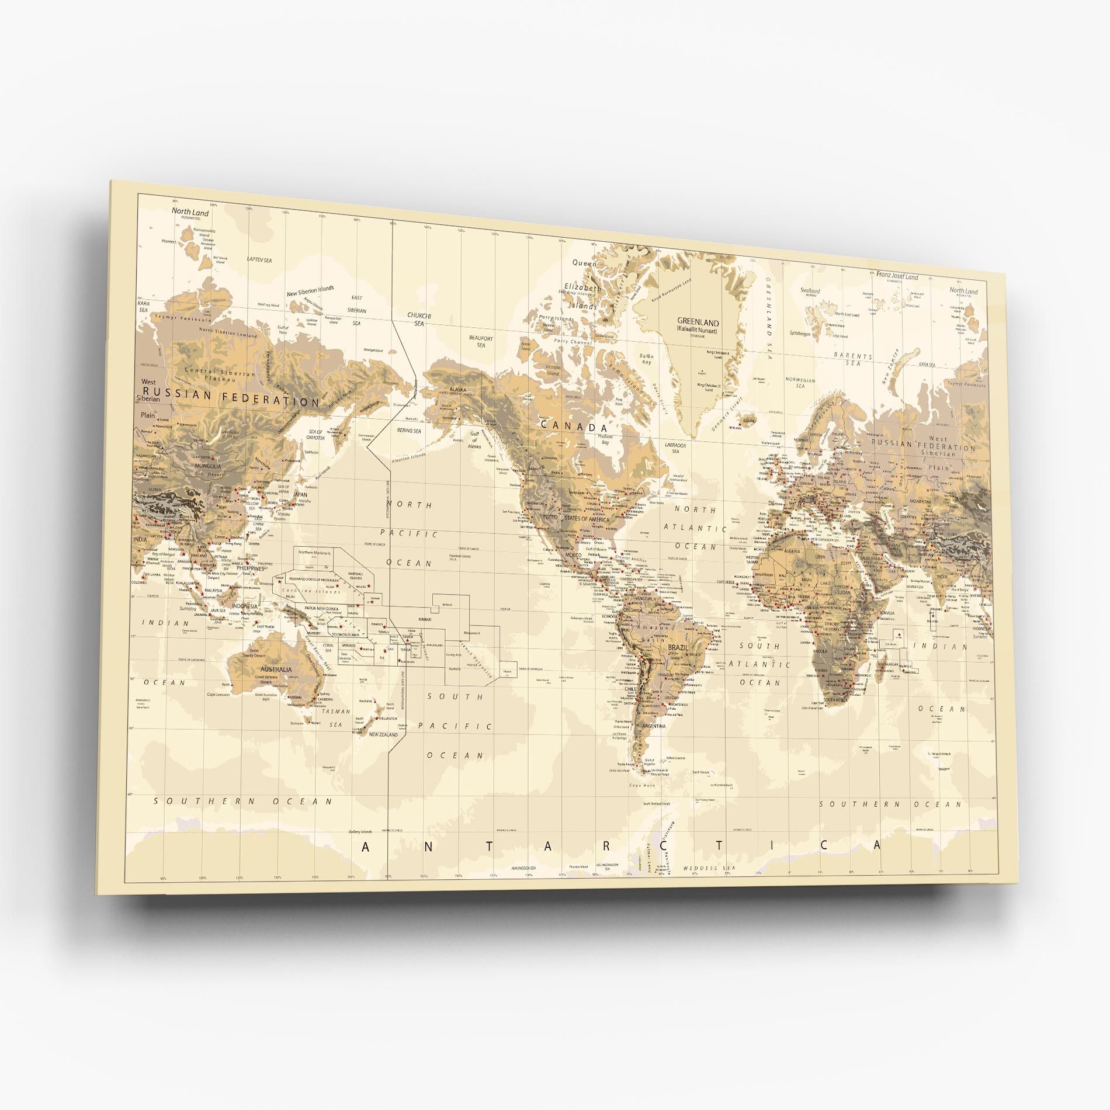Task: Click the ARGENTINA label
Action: point(654,726)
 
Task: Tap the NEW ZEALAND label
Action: point(383,734)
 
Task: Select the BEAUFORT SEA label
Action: point(481,341)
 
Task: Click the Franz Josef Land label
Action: point(897,276)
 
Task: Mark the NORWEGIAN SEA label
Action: point(800,383)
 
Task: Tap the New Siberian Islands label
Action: point(310,289)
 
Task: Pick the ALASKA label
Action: point(457,388)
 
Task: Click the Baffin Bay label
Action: point(646,359)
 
